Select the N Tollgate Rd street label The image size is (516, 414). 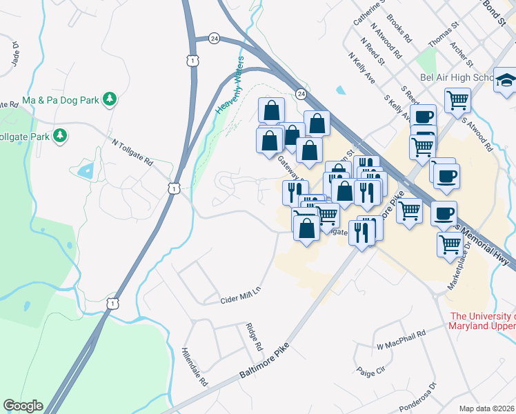[132, 152]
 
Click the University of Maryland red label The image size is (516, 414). [482, 321]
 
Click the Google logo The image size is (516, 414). [23, 406]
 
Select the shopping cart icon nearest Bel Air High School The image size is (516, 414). [457, 100]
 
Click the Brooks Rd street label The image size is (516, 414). [399, 28]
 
